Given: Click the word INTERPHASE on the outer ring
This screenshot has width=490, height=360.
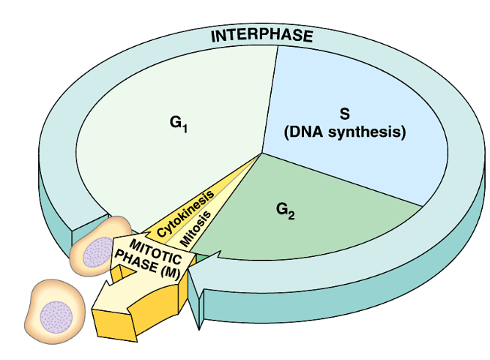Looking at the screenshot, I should (261, 35).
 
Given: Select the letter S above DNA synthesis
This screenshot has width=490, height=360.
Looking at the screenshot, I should (344, 114).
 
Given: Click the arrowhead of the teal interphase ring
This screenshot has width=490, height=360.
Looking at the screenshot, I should (198, 274).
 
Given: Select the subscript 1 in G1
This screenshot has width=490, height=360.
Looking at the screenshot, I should (186, 128).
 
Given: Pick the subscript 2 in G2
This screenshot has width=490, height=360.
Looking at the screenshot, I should (292, 214).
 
